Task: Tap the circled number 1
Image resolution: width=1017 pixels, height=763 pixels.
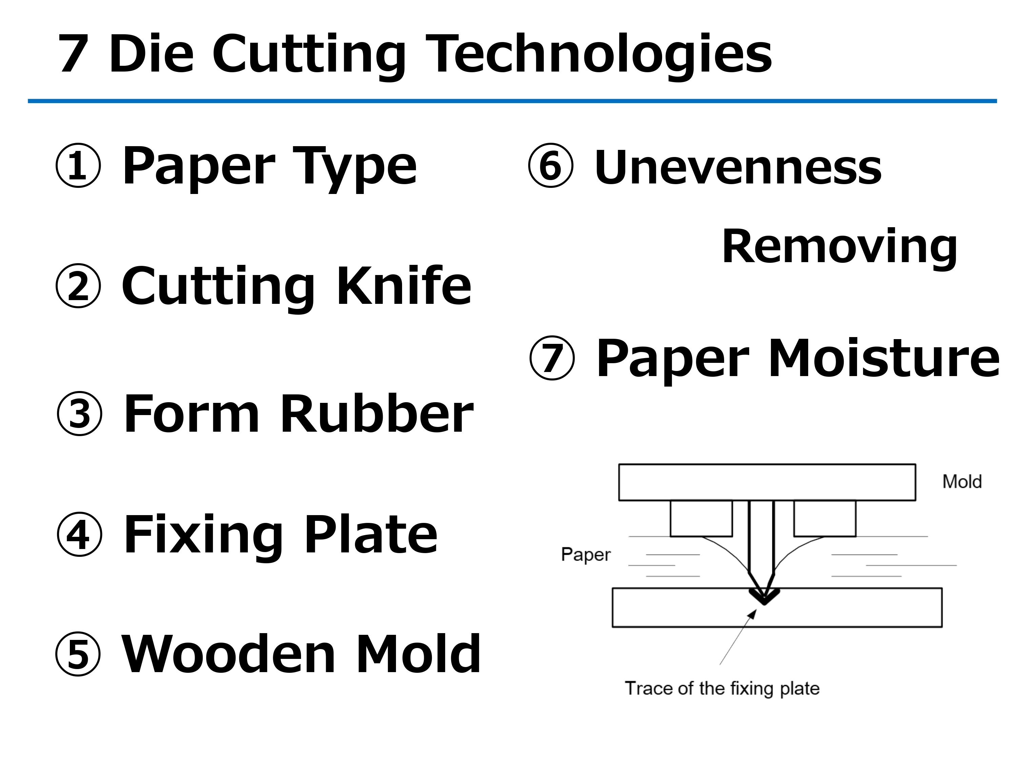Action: pyautogui.click(x=78, y=165)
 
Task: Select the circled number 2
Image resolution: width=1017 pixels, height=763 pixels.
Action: pyautogui.click(x=78, y=286)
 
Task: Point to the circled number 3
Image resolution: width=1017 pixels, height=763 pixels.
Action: pyautogui.click(x=80, y=413)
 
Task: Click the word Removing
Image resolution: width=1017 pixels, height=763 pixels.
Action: pyautogui.click(x=839, y=247)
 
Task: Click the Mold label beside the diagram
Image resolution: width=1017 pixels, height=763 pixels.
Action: pyautogui.click(x=962, y=482)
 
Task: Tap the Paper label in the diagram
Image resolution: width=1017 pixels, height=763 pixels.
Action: pyautogui.click(x=586, y=554)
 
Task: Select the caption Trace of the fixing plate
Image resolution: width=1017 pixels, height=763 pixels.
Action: pyautogui.click(x=722, y=688)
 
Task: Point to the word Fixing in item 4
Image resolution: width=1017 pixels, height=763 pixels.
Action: pyautogui.click(x=203, y=535)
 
